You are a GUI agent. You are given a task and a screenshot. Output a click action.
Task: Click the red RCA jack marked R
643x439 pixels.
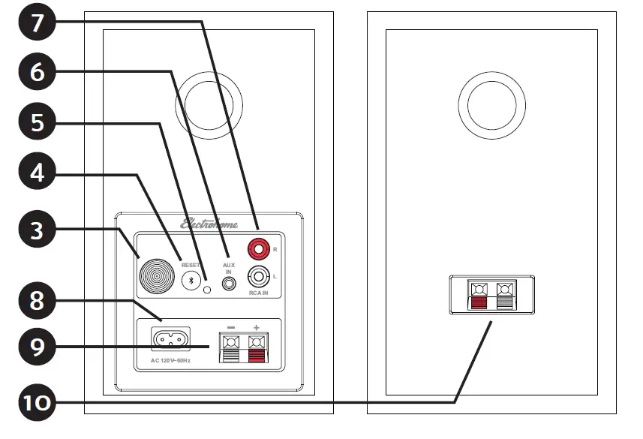259,247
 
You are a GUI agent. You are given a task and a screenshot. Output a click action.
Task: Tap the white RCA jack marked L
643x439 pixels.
259,277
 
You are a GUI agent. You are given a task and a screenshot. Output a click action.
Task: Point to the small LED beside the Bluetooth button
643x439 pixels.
207,289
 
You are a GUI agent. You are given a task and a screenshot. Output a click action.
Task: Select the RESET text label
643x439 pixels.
191,264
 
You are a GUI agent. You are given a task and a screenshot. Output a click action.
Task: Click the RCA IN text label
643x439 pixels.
259,295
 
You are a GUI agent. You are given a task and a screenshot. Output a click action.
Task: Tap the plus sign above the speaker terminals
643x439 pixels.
257,327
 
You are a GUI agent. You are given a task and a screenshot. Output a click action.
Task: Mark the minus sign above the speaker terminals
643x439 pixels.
231,327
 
